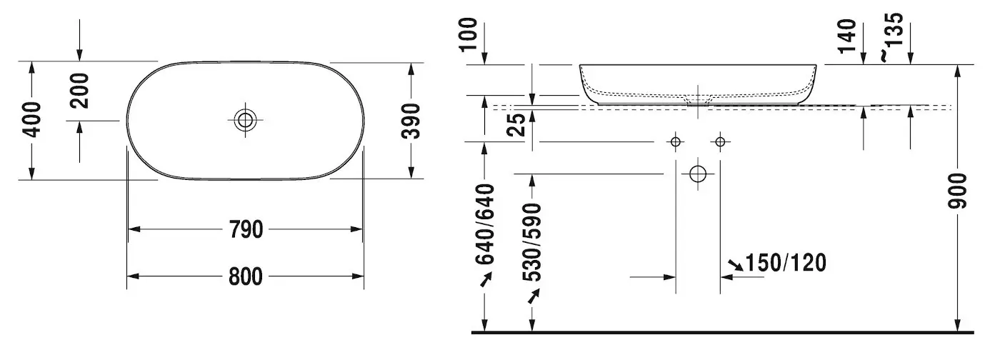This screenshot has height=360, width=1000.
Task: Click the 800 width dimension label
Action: tap(245, 276)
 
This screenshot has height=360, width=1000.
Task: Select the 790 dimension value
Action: tap(245, 230)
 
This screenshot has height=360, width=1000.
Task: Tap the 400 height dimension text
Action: tap(31, 119)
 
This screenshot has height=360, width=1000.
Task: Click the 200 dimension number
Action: tap(79, 90)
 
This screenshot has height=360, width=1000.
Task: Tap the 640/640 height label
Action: tap(485, 224)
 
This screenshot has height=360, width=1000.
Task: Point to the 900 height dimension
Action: tap(958, 191)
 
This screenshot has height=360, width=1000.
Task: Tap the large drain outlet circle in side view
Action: tap(698, 174)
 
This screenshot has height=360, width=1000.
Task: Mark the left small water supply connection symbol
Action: tap(676, 141)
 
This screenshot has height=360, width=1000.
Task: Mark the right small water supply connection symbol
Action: tap(720, 141)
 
